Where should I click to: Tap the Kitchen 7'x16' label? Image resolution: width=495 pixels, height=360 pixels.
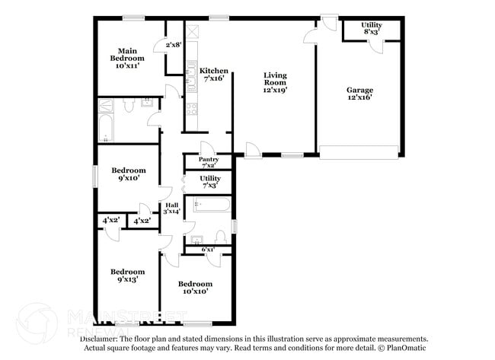pyautogui.click(x=214, y=75)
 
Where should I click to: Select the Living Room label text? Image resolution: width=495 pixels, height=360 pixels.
pyautogui.click(x=275, y=82)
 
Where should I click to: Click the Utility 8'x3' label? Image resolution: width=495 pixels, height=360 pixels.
pyautogui.click(x=372, y=29)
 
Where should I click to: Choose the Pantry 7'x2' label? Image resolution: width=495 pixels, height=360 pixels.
pyautogui.click(x=209, y=162)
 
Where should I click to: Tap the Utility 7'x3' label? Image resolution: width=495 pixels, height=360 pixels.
pyautogui.click(x=210, y=181)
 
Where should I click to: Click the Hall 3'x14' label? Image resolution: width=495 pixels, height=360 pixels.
pyautogui.click(x=172, y=207)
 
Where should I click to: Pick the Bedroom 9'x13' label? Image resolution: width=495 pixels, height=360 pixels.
pyautogui.click(x=127, y=276)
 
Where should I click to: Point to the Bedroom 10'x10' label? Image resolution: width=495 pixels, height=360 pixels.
pyautogui.click(x=196, y=287)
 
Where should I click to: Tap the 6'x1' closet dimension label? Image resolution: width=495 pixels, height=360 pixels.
pyautogui.click(x=208, y=249)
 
